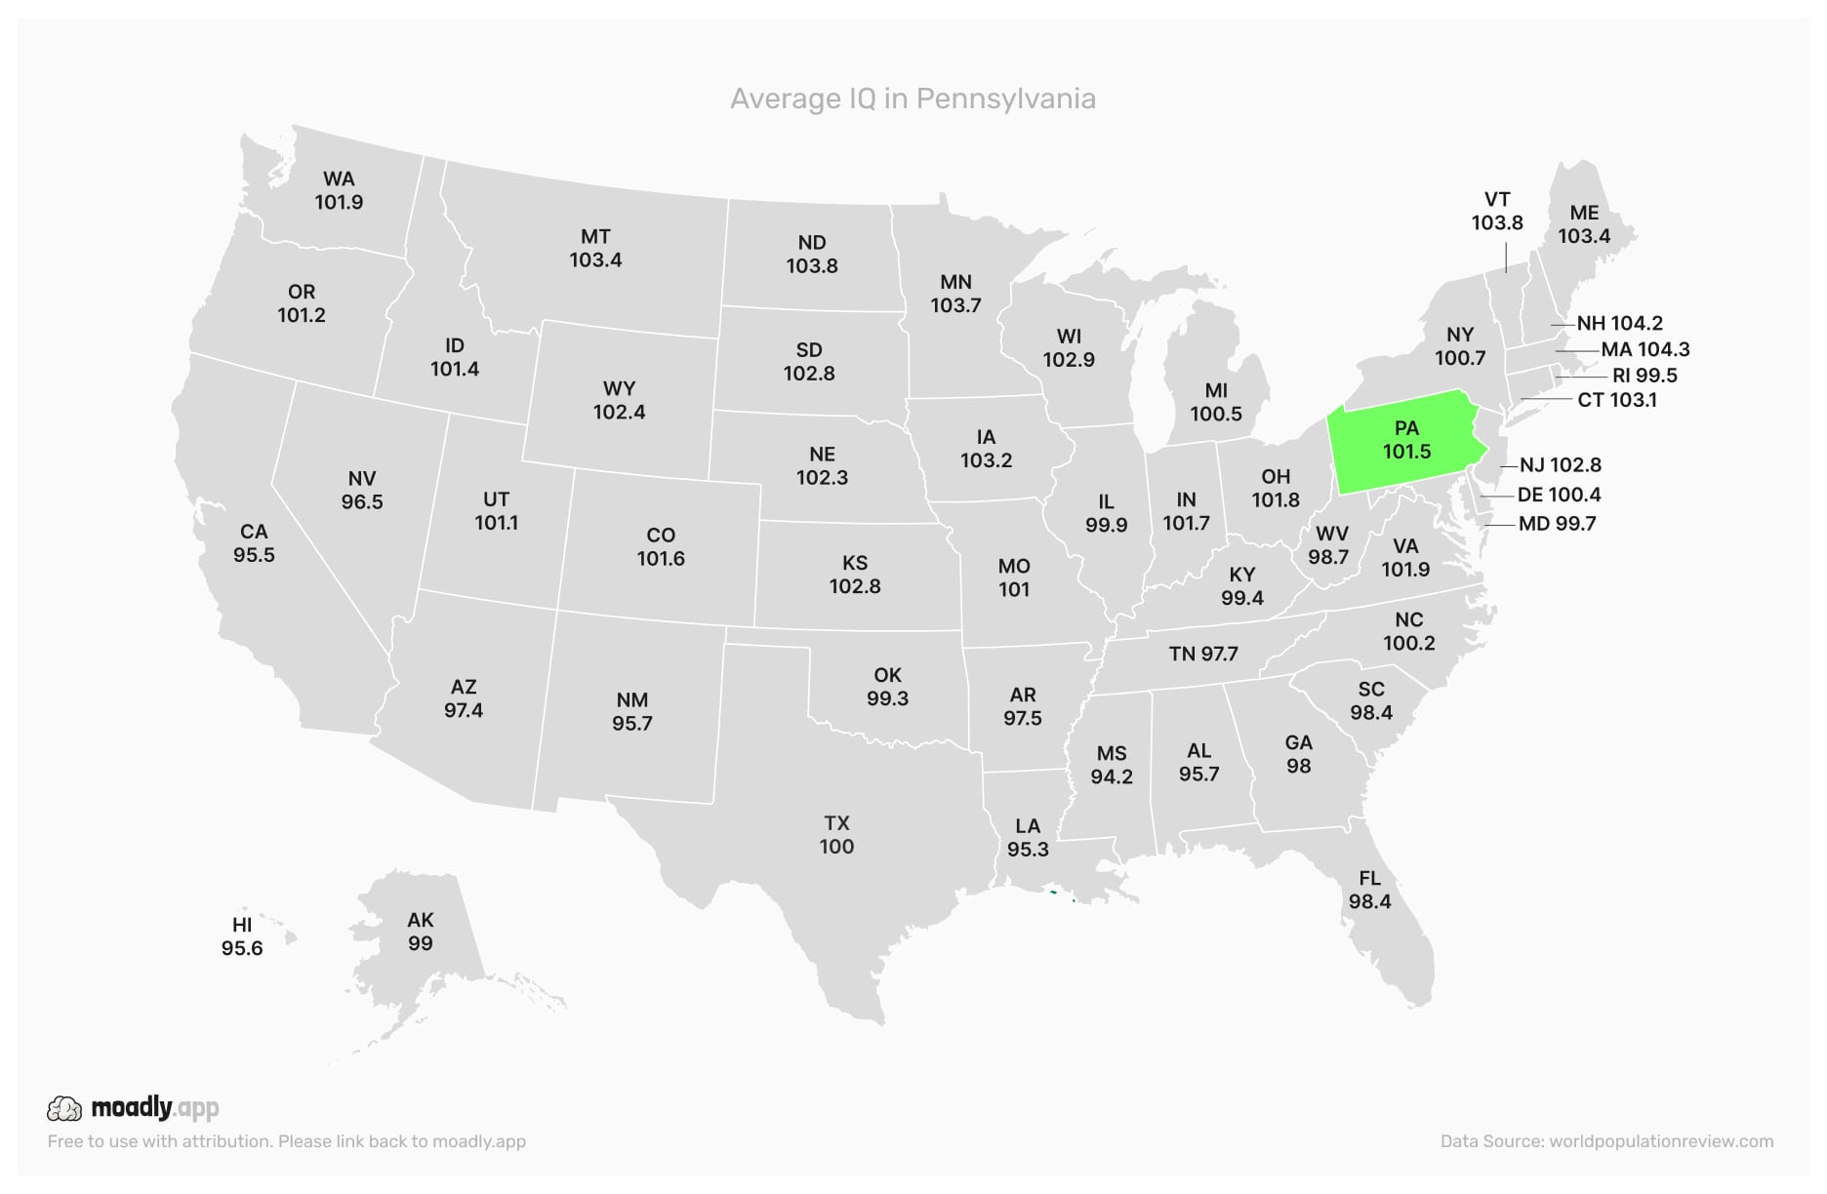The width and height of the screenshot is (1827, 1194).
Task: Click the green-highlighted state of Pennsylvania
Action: tap(1405, 441)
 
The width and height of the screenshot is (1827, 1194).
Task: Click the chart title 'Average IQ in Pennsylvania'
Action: tap(913, 99)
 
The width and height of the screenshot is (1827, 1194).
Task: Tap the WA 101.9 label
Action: tap(339, 190)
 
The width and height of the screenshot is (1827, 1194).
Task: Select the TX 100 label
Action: tap(836, 835)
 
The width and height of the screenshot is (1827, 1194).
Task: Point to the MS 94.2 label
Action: tap(1112, 765)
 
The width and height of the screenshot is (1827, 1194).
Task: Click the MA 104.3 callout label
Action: tap(1644, 349)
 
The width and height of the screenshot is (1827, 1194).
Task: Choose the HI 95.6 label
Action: tap(242, 936)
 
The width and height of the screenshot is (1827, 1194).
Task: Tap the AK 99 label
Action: tap(421, 932)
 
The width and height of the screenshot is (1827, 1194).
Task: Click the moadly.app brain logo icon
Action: tap(64, 1108)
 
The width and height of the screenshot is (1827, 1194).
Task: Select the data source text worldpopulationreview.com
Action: tap(1606, 1141)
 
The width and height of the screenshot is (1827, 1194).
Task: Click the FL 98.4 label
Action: tap(1369, 890)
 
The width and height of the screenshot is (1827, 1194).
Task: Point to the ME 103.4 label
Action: tap(1583, 224)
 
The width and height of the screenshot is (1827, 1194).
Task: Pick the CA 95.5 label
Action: tap(254, 543)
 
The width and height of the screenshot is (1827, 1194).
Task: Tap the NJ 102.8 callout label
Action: tap(1560, 465)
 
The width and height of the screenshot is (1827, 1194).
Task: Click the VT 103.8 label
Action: tap(1497, 212)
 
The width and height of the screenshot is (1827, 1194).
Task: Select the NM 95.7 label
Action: tap(632, 712)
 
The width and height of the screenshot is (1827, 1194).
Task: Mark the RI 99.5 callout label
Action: tap(1644, 376)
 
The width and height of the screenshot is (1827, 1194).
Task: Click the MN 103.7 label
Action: tap(955, 294)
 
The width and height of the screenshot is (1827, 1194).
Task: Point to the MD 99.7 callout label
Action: tap(1557, 524)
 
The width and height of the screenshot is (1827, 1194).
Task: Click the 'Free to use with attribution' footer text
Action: tap(286, 1141)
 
